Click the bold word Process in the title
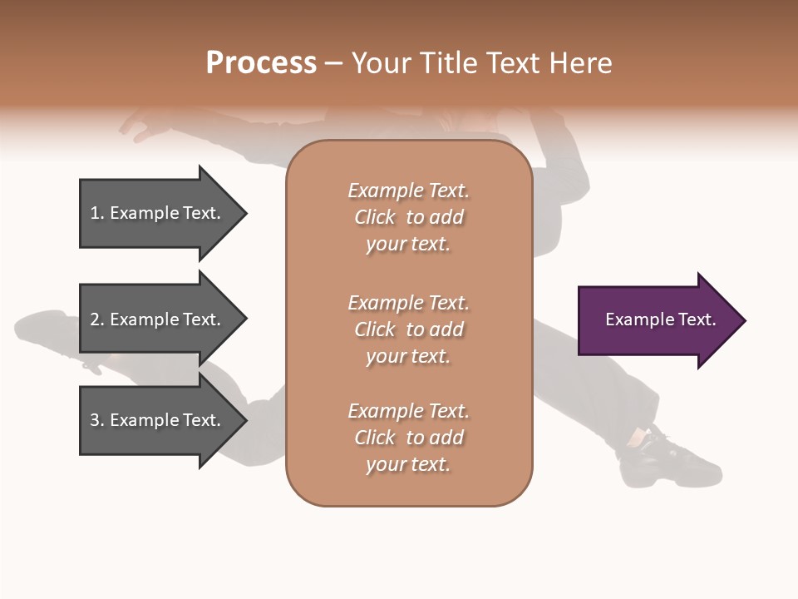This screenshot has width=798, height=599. tap(261, 63)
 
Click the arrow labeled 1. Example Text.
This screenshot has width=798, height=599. tap(158, 213)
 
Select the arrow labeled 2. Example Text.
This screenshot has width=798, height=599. tap(158, 319)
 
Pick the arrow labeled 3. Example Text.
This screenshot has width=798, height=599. tap(158, 420)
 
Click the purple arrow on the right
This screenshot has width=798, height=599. tap(657, 319)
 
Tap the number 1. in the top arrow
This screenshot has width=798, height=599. tap(97, 213)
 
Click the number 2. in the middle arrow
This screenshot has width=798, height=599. tap(97, 319)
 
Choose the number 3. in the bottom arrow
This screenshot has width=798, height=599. tap(97, 420)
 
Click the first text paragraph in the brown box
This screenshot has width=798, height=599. tap(408, 217)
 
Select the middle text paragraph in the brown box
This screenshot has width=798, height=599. tap(408, 329)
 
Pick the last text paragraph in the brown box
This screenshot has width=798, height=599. tap(408, 438)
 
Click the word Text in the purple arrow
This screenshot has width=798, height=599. tap(697, 319)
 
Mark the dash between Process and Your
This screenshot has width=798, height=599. tap(333, 63)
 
